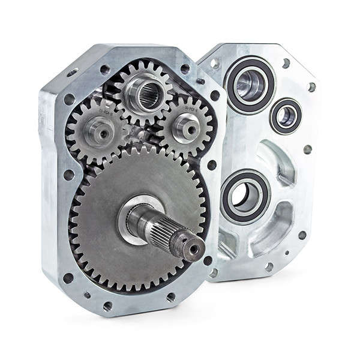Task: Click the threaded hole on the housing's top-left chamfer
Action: [x=73, y=72]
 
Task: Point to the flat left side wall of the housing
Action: [x=50, y=180]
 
